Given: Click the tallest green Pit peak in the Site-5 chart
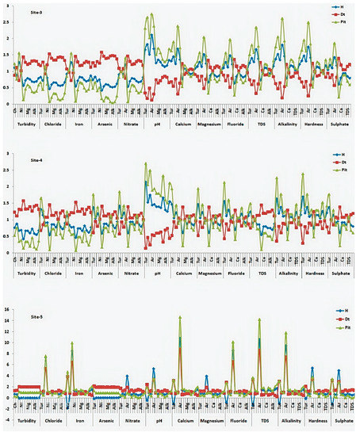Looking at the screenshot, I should [180, 317].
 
